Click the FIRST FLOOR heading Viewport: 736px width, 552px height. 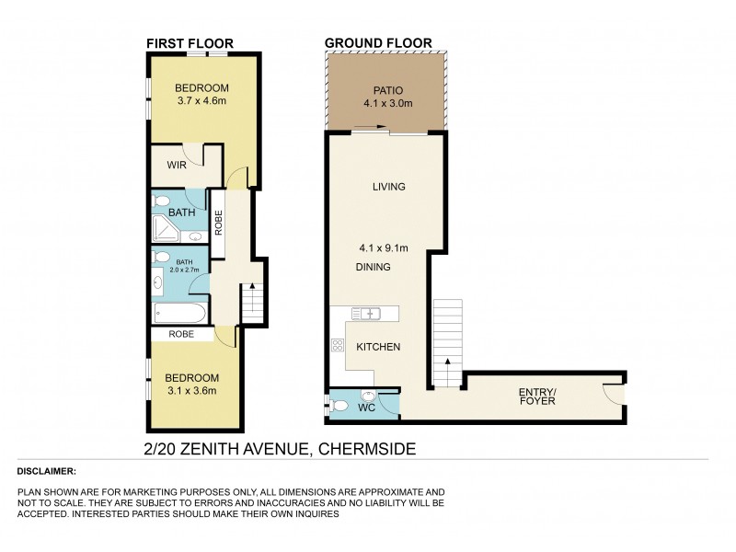pyautogui.click(x=190, y=42)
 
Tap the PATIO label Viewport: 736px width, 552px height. pyautogui.click(x=387, y=90)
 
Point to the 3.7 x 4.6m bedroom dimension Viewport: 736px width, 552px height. pyautogui.click(x=202, y=101)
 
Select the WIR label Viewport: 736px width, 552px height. pyautogui.click(x=177, y=165)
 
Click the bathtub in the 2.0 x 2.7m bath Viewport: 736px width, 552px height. pyautogui.click(x=180, y=314)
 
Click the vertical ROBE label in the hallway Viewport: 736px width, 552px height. pyautogui.click(x=219, y=224)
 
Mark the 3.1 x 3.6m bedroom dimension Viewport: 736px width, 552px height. pyautogui.click(x=191, y=391)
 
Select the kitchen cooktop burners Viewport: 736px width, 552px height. pyautogui.click(x=336, y=346)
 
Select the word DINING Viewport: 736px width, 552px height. pyautogui.click(x=373, y=267)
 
